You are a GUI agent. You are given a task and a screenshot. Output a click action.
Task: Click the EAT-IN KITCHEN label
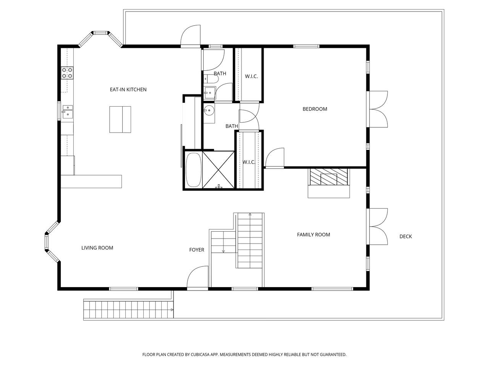tap(128, 89)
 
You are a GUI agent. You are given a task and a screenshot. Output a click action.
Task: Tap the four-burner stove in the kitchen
tap(67, 73)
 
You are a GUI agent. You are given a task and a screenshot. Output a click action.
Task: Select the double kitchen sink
tap(68, 112)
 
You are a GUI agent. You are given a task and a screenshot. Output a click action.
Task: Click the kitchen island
tap(120, 119)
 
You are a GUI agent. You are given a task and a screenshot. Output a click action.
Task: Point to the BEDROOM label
tap(315, 109)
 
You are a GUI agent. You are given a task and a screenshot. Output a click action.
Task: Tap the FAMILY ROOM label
tap(313, 235)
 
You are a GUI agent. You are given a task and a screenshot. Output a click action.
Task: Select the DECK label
tap(405, 236)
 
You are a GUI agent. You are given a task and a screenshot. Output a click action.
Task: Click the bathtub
tap(193, 170)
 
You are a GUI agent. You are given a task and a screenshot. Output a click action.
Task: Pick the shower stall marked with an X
tap(218, 170)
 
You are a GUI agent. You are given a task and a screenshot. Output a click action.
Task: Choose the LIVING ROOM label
tap(97, 248)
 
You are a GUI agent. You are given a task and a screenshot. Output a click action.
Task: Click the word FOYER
tap(196, 250)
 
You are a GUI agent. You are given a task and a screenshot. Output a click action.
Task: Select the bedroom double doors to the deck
tap(378, 109)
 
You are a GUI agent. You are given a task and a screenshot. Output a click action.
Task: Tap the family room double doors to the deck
tap(378, 227)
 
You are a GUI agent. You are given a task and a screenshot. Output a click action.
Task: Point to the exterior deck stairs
tap(128, 310)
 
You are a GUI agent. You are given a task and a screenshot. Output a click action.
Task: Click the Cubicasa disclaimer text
tap(244, 354)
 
